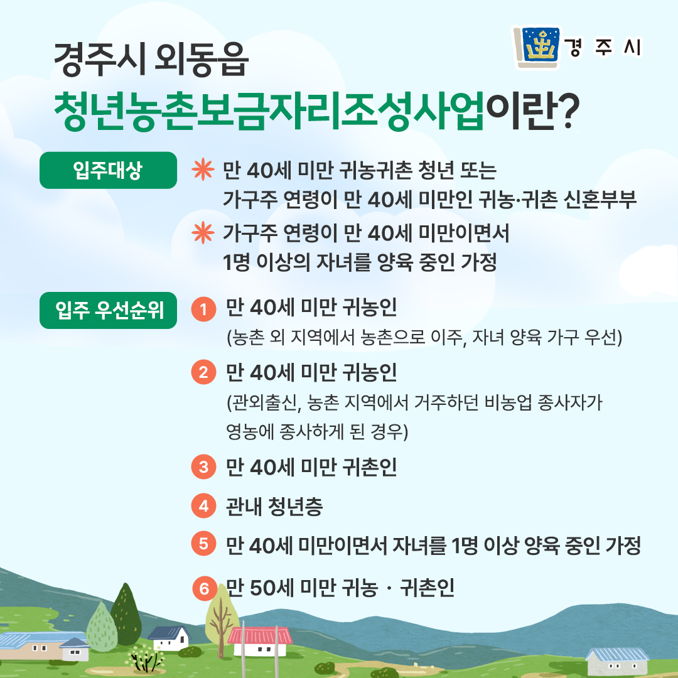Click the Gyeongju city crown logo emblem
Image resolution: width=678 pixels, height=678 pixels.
537,46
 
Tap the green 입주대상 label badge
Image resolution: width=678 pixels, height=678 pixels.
108,170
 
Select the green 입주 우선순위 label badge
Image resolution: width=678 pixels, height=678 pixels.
108,310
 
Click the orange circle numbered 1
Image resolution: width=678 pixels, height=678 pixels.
203,309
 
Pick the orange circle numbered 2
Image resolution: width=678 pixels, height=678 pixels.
203,372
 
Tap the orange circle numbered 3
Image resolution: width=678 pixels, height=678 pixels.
203,467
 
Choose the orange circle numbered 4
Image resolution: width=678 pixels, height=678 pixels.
203,505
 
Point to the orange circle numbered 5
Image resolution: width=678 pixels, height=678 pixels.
203,544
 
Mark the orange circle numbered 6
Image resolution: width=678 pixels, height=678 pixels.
205,588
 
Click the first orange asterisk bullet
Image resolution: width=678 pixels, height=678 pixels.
203,169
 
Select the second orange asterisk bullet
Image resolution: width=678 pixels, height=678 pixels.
203,233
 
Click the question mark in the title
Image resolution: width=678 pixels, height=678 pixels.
566,112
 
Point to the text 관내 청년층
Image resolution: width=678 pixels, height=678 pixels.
274,506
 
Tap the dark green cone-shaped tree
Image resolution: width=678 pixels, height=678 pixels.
126,613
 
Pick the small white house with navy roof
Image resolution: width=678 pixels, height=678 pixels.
169,638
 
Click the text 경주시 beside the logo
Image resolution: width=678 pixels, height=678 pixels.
603,47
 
